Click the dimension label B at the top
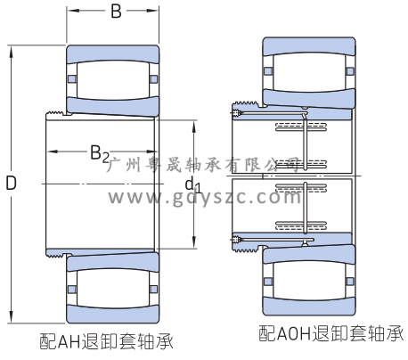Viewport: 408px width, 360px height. (x=116, y=12)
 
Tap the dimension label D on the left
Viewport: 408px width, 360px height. (x=12, y=183)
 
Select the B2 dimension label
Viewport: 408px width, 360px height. (x=100, y=154)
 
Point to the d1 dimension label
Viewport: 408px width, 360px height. (x=193, y=184)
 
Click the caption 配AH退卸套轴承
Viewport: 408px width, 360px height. (x=106, y=341)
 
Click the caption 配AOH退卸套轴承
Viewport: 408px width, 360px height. (x=331, y=333)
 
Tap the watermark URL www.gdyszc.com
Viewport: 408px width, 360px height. (x=204, y=197)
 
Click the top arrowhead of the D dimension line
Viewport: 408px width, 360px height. (x=12, y=51)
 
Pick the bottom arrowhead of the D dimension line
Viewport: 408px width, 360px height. (x=12, y=317)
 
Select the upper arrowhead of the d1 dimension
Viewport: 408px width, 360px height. (x=194, y=127)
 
